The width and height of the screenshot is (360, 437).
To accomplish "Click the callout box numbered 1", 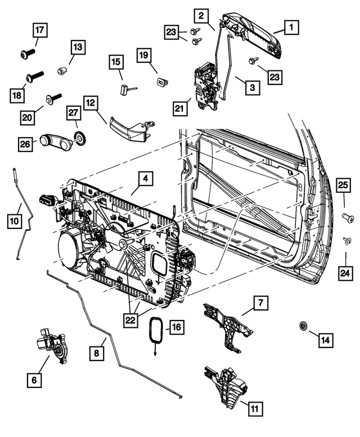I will coord(290,26).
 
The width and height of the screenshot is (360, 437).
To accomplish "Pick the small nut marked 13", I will coord(61,70).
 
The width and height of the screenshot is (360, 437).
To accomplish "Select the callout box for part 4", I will coord(145,179).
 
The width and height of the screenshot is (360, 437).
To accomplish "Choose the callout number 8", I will coord(96,353).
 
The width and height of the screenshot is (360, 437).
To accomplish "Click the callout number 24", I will coord(344,273).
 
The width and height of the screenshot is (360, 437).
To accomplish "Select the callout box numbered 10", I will coord(15,222).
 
